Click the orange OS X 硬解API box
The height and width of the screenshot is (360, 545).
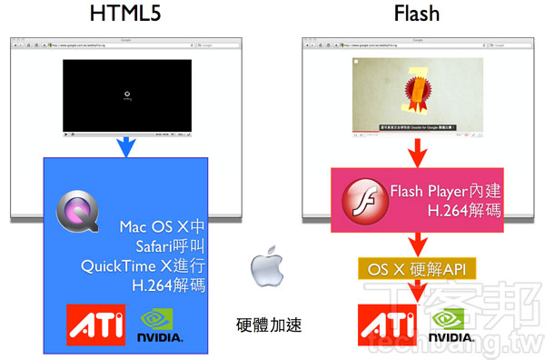[x=417, y=269]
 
